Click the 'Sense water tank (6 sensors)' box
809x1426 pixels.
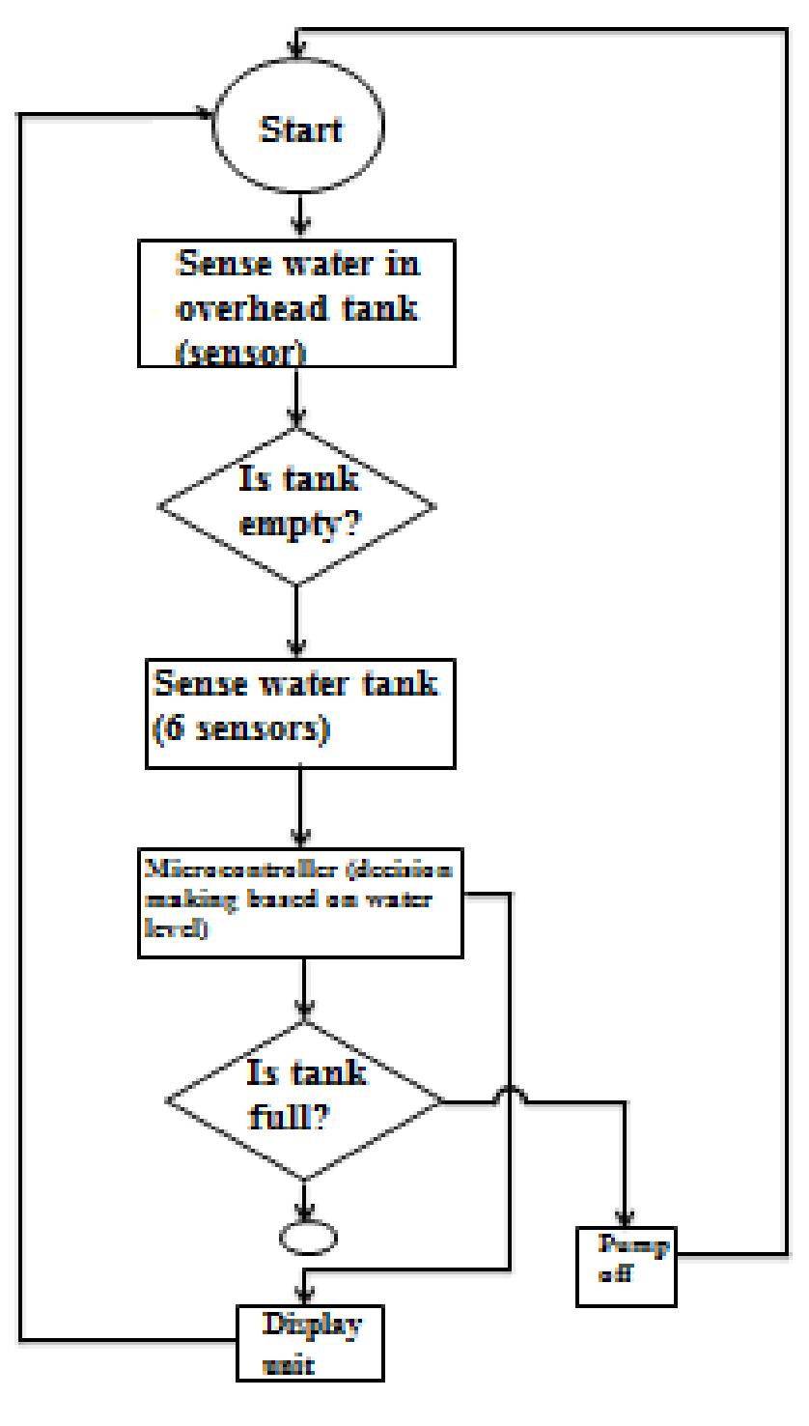point(300,712)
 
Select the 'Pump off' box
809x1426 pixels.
point(627,1267)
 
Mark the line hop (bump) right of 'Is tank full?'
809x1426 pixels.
point(510,1094)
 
